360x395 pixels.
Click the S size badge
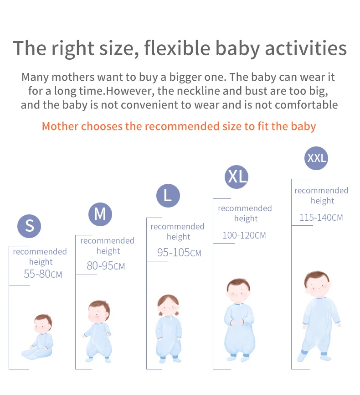click(29, 226)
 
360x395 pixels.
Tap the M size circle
click(100, 214)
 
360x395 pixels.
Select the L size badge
click(168, 196)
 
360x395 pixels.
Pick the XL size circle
click(237, 177)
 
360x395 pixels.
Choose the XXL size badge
click(316, 158)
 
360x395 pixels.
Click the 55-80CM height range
click(43, 274)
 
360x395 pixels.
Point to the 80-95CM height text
click(106, 265)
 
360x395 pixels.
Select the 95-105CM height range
click(179, 252)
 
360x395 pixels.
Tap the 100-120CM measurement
click(244, 235)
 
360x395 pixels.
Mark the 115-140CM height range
click(321, 218)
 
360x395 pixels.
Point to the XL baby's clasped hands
click(237, 322)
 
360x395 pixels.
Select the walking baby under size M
click(97, 331)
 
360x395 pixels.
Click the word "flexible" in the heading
click(177, 48)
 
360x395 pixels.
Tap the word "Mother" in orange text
click(60, 126)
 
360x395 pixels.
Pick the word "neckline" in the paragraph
click(198, 91)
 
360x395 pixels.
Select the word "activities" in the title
click(306, 48)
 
